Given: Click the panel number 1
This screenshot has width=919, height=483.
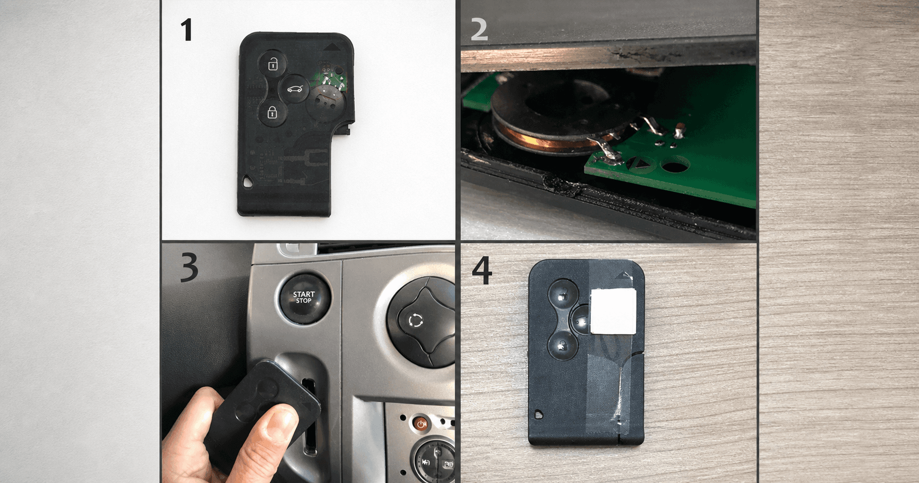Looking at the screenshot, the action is [186, 30].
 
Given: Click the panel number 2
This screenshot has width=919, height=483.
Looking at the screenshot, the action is [479, 30].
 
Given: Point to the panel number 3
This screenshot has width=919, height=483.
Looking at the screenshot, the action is [190, 267].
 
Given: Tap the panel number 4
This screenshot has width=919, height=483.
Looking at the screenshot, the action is [482, 270].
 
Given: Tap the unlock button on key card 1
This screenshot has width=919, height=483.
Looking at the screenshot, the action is [272, 64].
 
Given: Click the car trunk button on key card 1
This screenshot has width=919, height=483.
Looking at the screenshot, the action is [295, 88].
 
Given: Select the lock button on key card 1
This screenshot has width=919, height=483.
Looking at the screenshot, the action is [272, 112].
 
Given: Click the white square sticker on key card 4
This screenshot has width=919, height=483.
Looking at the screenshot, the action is [613, 311].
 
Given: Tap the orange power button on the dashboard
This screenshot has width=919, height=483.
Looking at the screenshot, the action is [420, 424].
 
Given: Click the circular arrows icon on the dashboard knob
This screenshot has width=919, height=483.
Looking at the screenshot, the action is [416, 320].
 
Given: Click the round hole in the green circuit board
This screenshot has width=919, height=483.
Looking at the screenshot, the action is [675, 165].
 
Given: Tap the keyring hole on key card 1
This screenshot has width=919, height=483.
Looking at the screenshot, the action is [248, 182].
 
